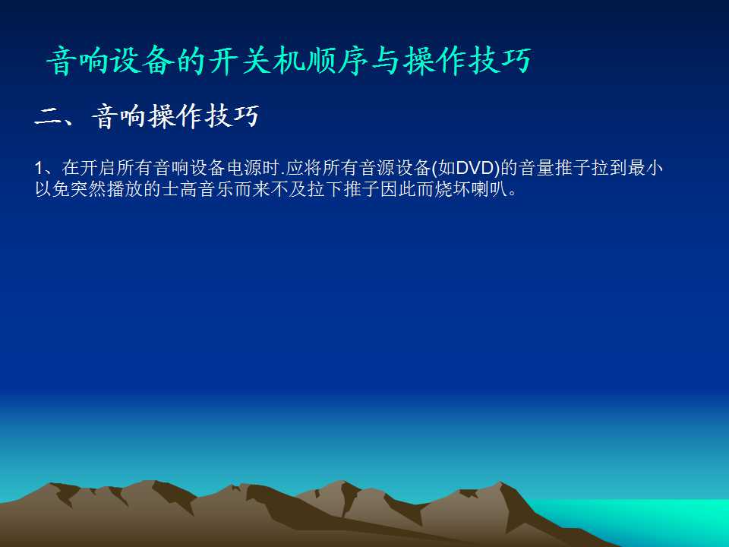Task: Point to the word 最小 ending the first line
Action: point(645,168)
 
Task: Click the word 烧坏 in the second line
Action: point(453,189)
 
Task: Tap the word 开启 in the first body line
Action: point(98,168)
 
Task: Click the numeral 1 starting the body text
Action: point(39,169)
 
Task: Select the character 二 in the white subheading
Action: point(48,117)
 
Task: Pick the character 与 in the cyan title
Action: point(386,61)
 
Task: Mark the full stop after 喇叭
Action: point(513,194)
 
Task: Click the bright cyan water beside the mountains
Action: point(651,517)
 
